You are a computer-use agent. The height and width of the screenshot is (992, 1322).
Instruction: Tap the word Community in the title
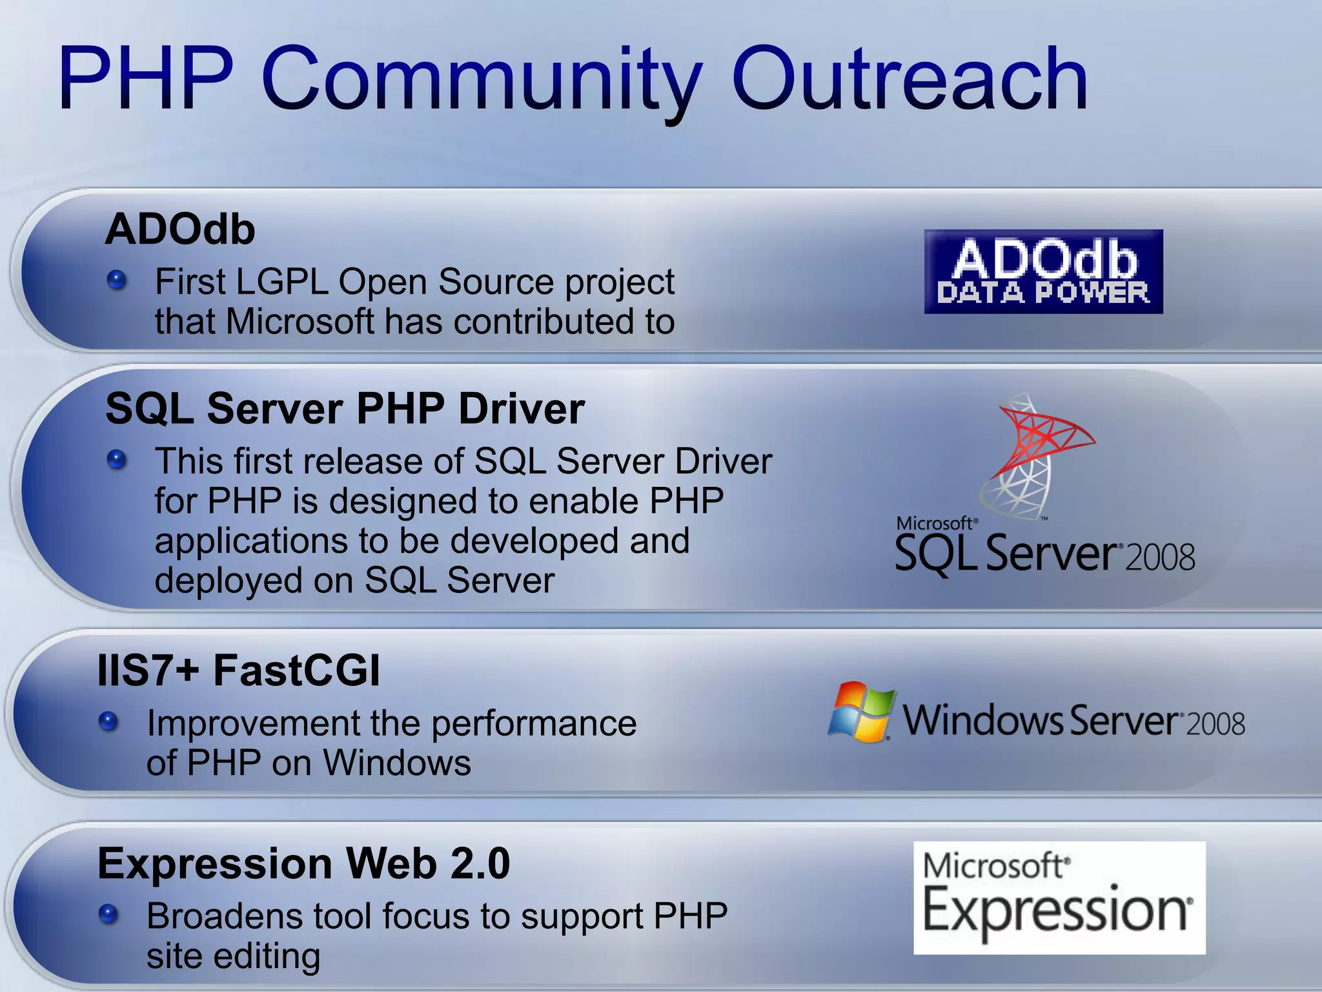coord(481,81)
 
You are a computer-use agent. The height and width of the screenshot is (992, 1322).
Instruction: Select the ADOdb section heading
coord(180,229)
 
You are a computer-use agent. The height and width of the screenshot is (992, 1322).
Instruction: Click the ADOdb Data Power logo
coord(1043,272)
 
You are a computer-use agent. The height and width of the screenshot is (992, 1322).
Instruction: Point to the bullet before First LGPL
coord(117,280)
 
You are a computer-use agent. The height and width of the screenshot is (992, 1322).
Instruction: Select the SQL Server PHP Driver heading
coord(345,409)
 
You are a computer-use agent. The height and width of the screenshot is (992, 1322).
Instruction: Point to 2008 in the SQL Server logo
coord(1160,558)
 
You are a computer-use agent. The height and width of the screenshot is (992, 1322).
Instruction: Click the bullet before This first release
coord(117,460)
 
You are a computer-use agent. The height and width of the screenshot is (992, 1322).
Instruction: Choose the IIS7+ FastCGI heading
coord(238,670)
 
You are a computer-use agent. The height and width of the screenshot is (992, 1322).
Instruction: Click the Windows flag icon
coord(862,712)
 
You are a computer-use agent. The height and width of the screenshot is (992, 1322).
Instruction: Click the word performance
coord(533,724)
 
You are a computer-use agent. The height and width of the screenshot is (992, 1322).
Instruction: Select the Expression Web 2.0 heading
coord(303,864)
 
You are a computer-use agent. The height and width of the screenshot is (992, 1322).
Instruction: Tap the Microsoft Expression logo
coord(1059,898)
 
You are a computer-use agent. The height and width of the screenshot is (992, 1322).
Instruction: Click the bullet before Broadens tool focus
coord(108,914)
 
